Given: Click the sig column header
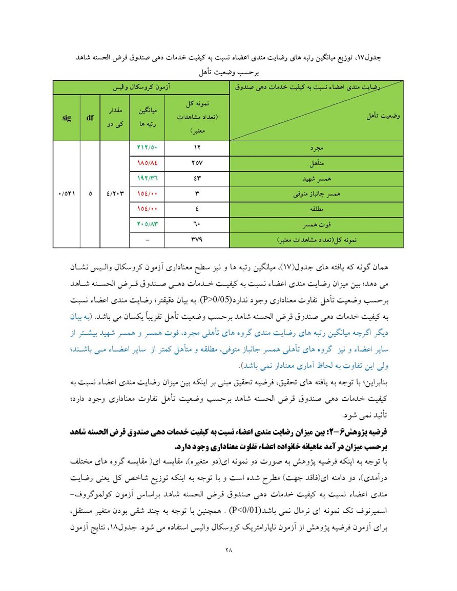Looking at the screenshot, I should [x=67, y=117].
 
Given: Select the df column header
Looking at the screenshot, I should [x=90, y=117].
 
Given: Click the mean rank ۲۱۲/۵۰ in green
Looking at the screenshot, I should [x=148, y=148].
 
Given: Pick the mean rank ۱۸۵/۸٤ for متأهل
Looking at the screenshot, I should [x=148, y=163].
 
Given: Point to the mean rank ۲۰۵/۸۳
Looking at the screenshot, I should [x=148, y=224].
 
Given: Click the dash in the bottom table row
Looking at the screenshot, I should [x=148, y=239].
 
